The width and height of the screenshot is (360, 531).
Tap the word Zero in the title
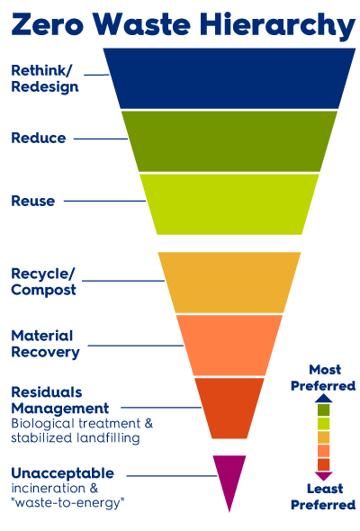point(47,24)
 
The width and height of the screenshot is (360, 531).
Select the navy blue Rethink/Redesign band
point(229,78)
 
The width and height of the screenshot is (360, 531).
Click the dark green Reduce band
point(229,141)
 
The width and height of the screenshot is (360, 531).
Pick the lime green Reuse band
point(229,204)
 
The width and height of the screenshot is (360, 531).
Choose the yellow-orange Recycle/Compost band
point(229,283)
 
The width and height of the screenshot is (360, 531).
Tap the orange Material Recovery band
point(229,345)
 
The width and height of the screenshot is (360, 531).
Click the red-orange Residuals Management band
point(229,408)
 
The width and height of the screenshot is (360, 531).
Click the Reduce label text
point(39,139)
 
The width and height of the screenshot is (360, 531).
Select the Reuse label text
point(33,201)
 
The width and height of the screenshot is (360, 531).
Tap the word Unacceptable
point(63,473)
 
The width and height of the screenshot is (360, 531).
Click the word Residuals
point(47,392)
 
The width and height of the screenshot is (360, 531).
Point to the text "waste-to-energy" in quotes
point(67,502)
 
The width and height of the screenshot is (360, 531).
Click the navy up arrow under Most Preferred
point(323,398)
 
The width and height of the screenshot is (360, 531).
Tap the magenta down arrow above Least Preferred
point(323,476)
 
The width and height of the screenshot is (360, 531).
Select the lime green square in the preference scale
point(323,424)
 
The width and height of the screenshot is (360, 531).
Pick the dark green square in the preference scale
point(323,410)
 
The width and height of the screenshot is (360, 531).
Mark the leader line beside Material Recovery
point(136,346)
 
